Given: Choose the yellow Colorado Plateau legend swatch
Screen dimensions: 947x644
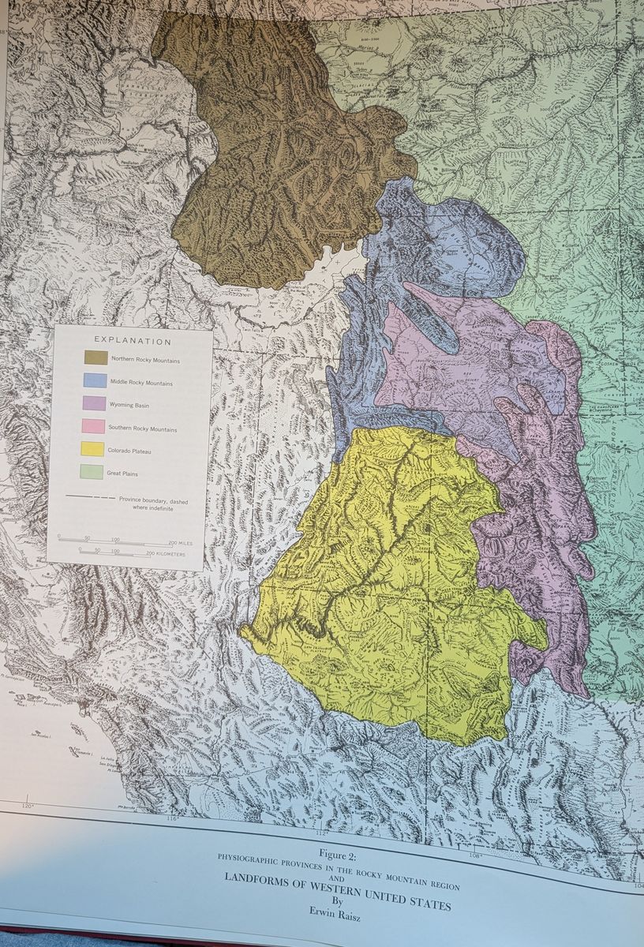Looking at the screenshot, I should [92, 449].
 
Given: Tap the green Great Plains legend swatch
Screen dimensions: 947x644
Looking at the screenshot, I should [92, 472].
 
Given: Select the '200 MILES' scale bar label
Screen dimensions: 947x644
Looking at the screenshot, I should [180, 544].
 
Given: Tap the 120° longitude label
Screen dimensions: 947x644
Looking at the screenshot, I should [28, 805].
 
